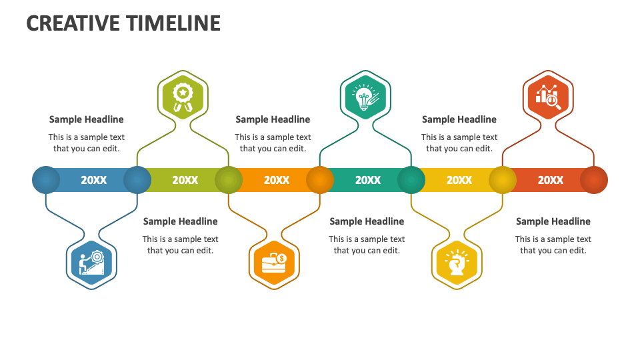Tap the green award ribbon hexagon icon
pos(183,95)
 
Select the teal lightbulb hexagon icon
pos(365,95)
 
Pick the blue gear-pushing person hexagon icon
pos(92,264)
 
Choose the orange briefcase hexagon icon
pos(274,264)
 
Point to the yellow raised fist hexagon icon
pos(457,264)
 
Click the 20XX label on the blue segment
pos(93,180)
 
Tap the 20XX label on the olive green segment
pos(185,180)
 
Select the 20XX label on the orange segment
pos(277,180)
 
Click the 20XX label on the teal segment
pos(368,180)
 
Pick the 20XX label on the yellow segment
pos(459,180)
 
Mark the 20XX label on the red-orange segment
pos(551,180)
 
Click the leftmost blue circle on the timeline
pos(46,180)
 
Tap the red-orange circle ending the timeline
pos(593,180)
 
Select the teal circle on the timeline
pos(411,180)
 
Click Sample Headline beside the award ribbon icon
pos(86,119)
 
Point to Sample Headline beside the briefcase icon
pos(367,221)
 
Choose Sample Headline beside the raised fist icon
pos(553,221)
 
